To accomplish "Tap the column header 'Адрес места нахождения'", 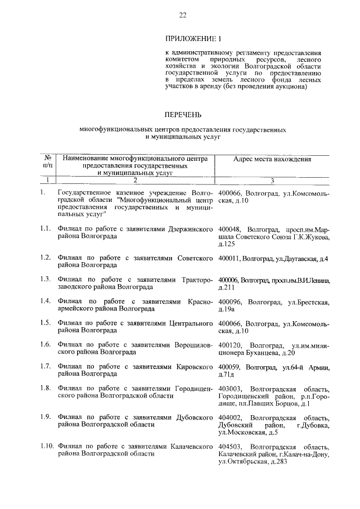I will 272,160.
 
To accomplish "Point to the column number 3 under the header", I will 272,181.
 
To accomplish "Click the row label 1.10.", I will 47,447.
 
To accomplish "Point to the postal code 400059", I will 229,367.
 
